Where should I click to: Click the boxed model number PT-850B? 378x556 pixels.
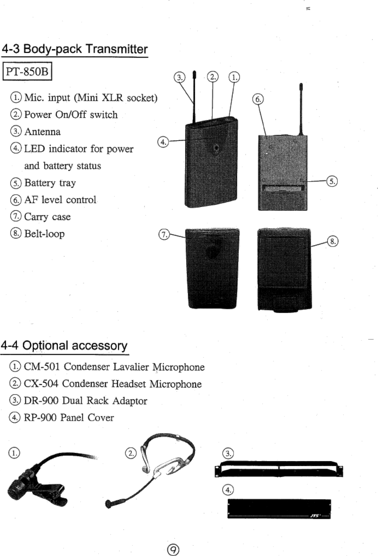27,72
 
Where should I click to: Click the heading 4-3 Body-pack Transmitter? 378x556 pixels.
75,49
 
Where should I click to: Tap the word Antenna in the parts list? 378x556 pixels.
42,132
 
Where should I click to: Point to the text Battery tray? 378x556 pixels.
50,183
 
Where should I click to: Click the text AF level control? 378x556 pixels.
60,200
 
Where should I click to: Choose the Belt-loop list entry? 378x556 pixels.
44,234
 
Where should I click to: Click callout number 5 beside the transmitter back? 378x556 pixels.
332,181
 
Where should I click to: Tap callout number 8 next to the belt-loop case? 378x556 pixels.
333,241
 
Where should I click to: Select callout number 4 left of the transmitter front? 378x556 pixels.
163,142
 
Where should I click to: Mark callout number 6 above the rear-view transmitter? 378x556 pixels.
258,100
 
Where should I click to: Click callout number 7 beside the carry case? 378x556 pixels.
164,234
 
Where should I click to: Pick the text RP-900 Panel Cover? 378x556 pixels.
69,418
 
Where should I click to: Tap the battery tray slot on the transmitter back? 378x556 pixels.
283,189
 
